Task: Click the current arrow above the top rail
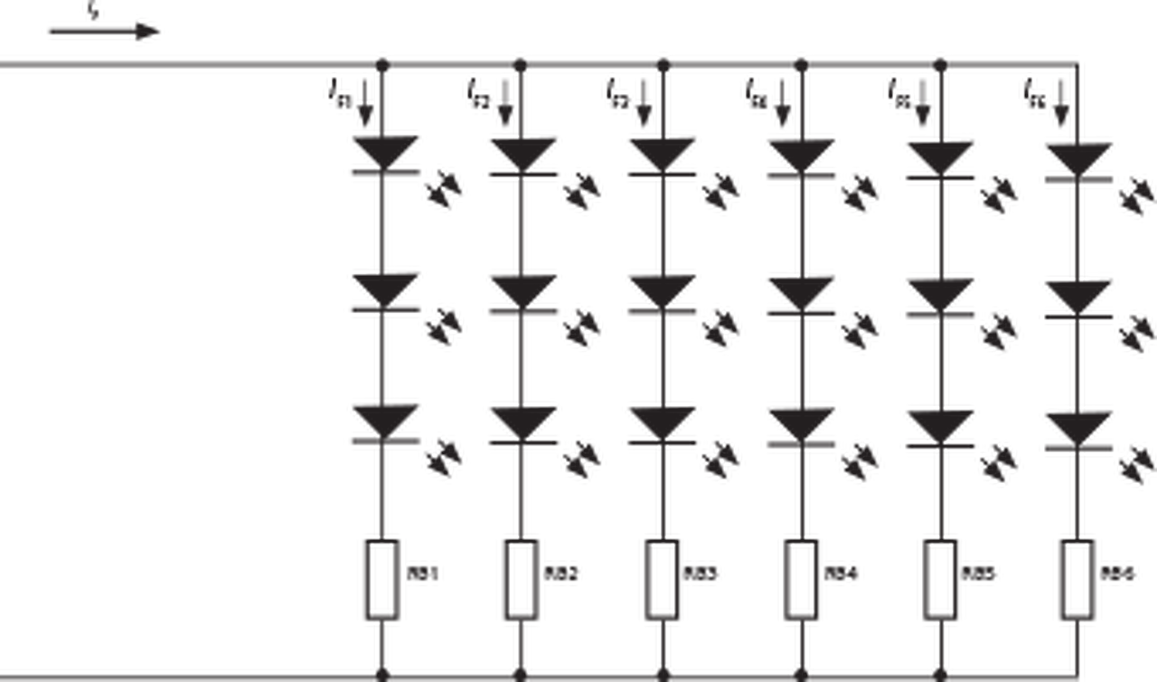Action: [104, 32]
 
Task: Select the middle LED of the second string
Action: [523, 294]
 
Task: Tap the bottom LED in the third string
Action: [663, 426]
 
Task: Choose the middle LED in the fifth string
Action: [942, 298]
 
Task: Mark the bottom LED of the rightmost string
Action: [1079, 431]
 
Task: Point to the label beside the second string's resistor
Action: [563, 573]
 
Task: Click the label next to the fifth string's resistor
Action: [982, 573]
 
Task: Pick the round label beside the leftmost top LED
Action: [444, 190]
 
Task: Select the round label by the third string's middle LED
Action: [720, 327]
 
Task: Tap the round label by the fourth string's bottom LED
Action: [859, 462]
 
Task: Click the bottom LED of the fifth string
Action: [942, 431]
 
